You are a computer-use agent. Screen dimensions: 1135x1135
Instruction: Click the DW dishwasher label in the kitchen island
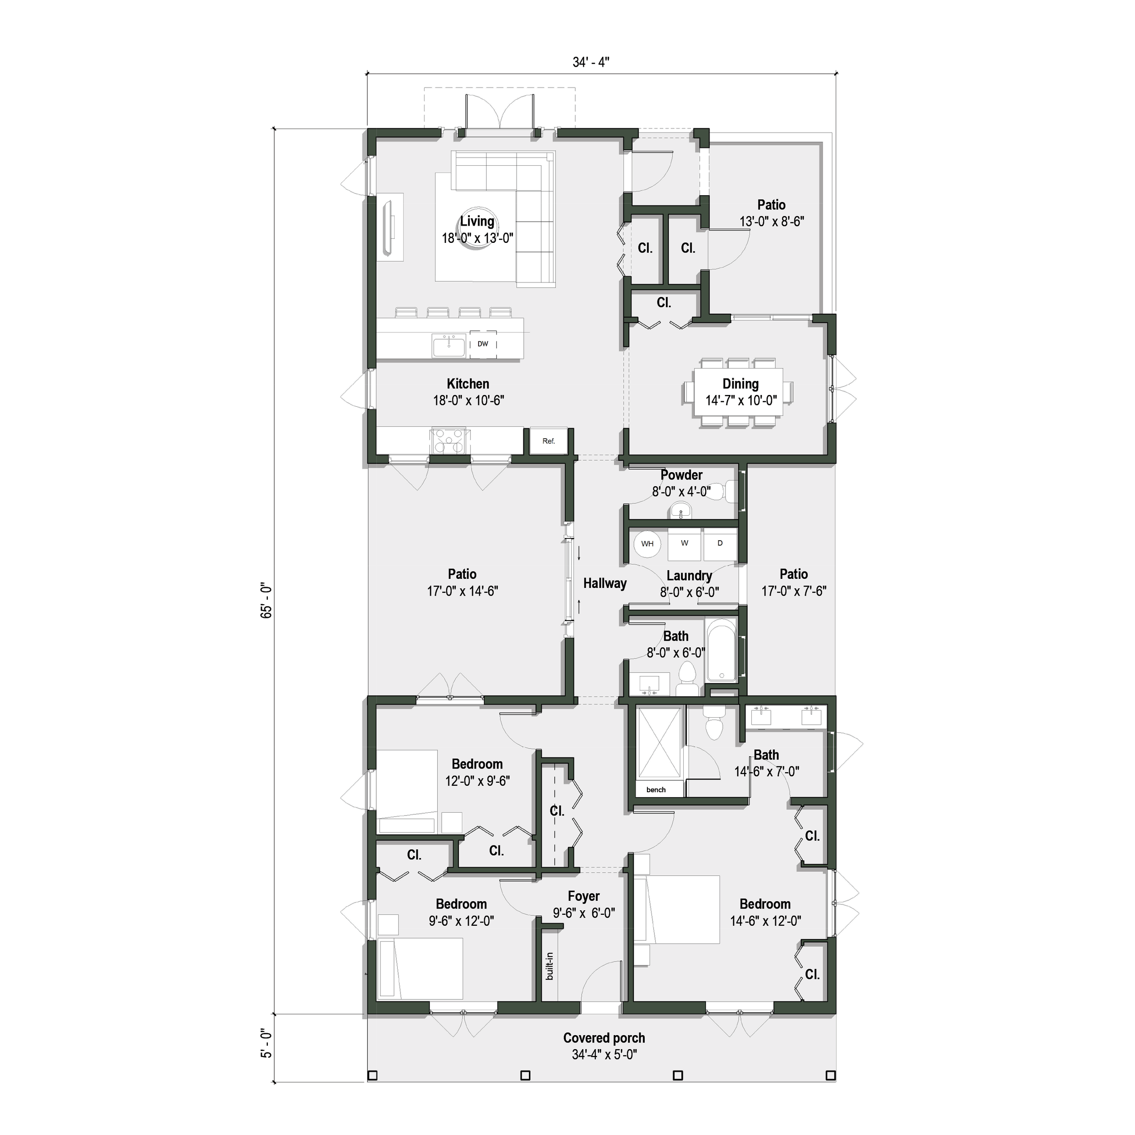[482, 344]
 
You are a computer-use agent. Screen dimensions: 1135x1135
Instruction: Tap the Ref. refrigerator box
[548, 441]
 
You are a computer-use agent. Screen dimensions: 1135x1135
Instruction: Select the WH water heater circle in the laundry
[647, 543]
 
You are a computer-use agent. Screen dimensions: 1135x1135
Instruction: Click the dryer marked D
[720, 543]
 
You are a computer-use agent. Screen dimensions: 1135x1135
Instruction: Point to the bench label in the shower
[656, 790]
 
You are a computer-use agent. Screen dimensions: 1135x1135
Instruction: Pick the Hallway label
[605, 583]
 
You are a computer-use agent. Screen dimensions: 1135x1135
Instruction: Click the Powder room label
[681, 475]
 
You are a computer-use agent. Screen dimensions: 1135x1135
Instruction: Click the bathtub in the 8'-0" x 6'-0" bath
[721, 651]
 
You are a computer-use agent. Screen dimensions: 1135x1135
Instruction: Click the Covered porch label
[604, 1038]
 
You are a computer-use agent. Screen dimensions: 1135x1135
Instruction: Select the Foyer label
[583, 896]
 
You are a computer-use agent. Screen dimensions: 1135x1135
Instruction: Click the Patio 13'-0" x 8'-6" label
[771, 205]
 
